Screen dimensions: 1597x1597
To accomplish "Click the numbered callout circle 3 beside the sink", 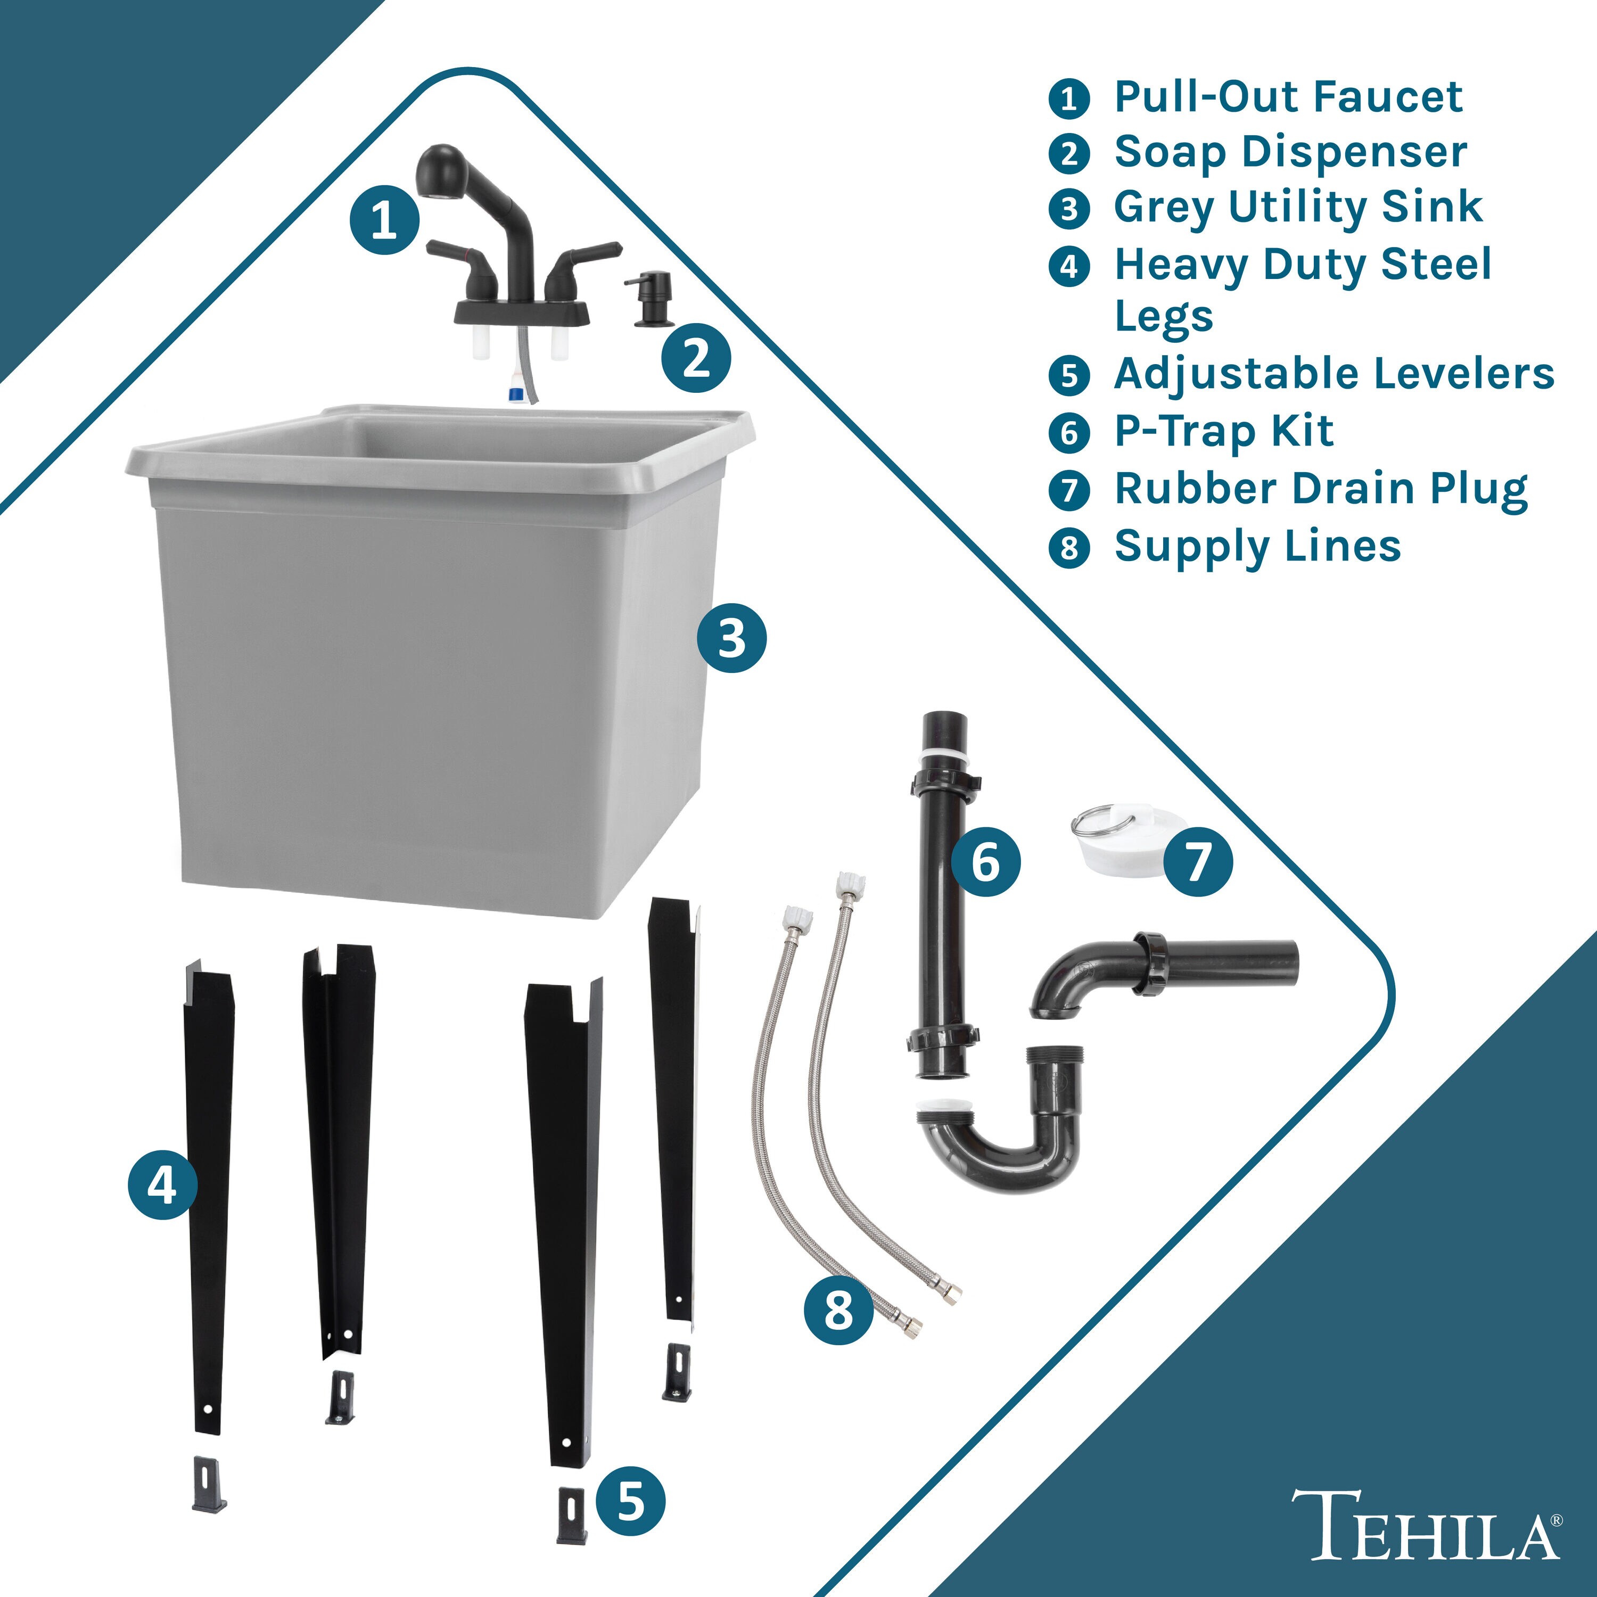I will pyautogui.click(x=731, y=638).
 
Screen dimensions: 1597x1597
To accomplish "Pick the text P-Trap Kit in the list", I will pyautogui.click(x=1223, y=432).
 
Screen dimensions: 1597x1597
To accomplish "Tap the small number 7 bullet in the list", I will pyautogui.click(x=1069, y=490).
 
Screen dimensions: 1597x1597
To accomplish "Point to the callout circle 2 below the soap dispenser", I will pyautogui.click(x=696, y=358).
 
